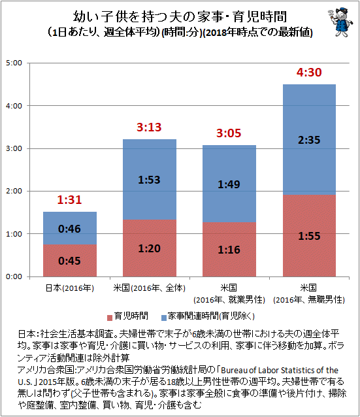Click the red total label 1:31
tap(69, 200)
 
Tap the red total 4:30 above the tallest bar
tap(309, 73)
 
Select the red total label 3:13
tap(149, 127)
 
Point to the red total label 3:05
tap(229, 133)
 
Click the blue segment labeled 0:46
tap(70, 228)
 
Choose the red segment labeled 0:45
tap(70, 261)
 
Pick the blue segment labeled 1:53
tap(150, 180)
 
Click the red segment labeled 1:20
tap(150, 248)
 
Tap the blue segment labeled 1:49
tap(229, 184)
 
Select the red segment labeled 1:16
tap(229, 250)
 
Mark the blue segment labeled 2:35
tap(309, 140)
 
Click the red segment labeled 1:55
tap(309, 236)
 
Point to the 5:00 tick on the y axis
tap(14, 63)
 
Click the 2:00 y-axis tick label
tap(14, 191)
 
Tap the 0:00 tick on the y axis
tap(14, 276)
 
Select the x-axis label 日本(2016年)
tap(70, 288)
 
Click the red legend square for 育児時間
tap(110, 318)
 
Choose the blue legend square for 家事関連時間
tap(164, 318)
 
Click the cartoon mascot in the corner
tap(340, 22)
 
